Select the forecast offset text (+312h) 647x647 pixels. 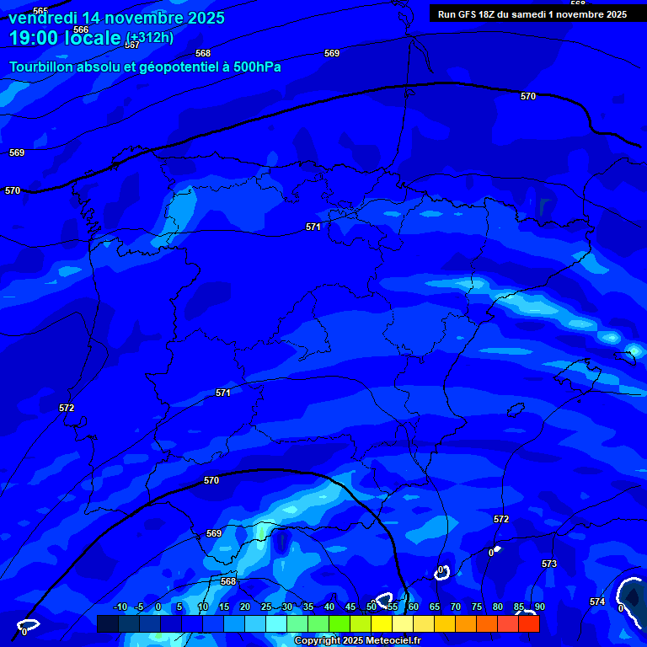tap(149, 37)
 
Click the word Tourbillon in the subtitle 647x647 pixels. tap(43, 67)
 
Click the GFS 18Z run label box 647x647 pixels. tap(532, 14)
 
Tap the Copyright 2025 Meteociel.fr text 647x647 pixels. tap(357, 640)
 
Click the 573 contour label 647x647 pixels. tap(549, 564)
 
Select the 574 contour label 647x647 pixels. tap(597, 602)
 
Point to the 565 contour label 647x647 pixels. tap(40, 11)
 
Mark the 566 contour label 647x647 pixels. tap(81, 29)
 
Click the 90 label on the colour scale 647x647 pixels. tap(539, 607)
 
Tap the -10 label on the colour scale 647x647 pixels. tap(120, 607)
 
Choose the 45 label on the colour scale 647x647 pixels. tap(350, 607)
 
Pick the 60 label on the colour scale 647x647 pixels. tap(413, 607)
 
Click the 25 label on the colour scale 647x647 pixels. tap(266, 607)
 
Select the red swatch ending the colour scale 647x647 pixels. tap(528, 623)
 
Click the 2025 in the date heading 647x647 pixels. tap(201, 18)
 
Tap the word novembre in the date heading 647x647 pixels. tap(137, 18)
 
